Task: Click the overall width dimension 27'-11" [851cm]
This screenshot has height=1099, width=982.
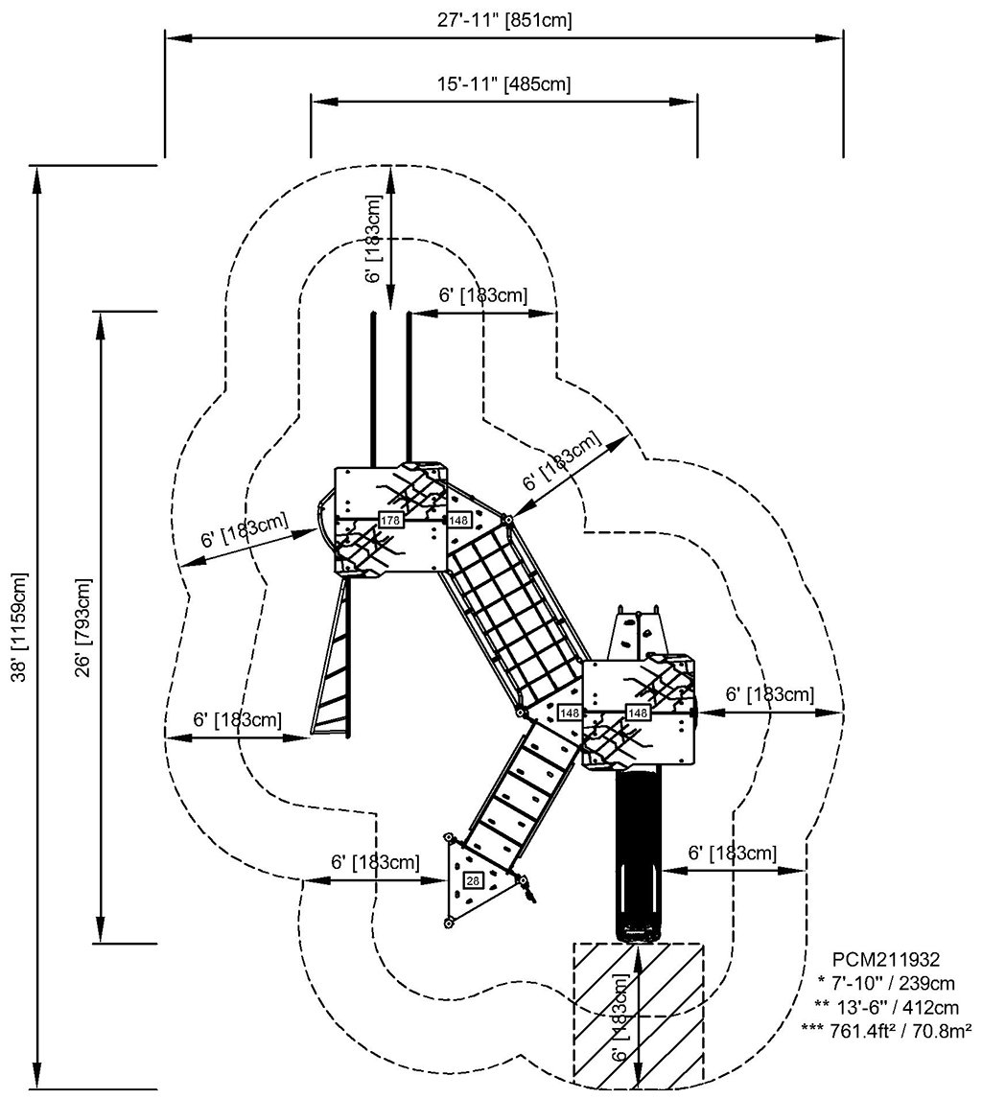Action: point(503,20)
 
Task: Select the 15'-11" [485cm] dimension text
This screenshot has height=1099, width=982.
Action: point(503,83)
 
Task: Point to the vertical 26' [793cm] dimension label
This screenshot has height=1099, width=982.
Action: point(84,628)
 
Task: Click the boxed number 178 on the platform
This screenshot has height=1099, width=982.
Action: point(390,520)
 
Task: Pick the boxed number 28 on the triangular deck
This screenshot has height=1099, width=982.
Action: point(472,880)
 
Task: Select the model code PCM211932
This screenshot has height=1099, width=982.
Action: point(885,958)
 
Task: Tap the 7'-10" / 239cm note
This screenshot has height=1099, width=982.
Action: point(885,982)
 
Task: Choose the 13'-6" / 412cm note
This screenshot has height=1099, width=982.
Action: point(885,1006)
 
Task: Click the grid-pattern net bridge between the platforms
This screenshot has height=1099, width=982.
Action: point(513,614)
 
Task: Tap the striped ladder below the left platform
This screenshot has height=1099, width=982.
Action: point(331,662)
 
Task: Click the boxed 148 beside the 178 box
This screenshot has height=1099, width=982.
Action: point(458,520)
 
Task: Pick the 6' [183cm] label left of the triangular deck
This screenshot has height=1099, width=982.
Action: point(375,862)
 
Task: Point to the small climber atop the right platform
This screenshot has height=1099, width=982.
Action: point(639,633)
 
